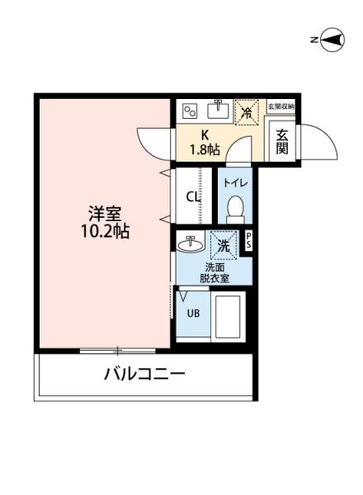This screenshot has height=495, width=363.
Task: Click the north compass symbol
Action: point(332,40)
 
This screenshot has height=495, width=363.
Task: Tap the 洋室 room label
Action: point(105,214)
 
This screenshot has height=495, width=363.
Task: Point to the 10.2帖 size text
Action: point(105,232)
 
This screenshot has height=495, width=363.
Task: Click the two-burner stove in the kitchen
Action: point(190,111)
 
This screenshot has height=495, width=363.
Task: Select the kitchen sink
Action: point(218,110)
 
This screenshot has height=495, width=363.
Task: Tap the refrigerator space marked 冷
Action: point(247,112)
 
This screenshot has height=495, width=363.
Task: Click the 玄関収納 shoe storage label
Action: point(281,106)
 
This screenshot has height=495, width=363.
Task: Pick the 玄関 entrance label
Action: point(282,142)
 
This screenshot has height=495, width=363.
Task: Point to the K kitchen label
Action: point(205,135)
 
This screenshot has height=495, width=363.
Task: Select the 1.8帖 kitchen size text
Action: point(205,149)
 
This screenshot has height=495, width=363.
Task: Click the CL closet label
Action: point(193,197)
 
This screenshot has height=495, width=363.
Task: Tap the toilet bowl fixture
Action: point(235,208)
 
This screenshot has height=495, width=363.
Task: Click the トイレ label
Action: point(235,183)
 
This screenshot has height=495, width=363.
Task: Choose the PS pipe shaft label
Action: point(248,241)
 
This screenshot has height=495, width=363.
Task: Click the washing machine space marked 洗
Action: point(224,245)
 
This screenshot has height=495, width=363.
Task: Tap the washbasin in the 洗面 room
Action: point(190,244)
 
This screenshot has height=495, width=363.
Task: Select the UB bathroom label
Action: point(193,313)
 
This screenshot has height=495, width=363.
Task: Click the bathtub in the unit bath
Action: point(228,316)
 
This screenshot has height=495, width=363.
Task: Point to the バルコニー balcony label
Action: point(144,374)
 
